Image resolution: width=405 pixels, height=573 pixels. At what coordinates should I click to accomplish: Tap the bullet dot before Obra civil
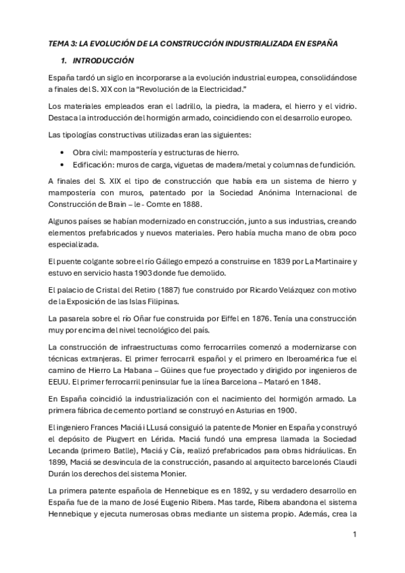(x=63, y=152)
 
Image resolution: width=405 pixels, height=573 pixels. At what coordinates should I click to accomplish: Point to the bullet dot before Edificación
(x=63, y=164)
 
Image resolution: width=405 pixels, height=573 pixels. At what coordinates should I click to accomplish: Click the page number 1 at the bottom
(x=354, y=534)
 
